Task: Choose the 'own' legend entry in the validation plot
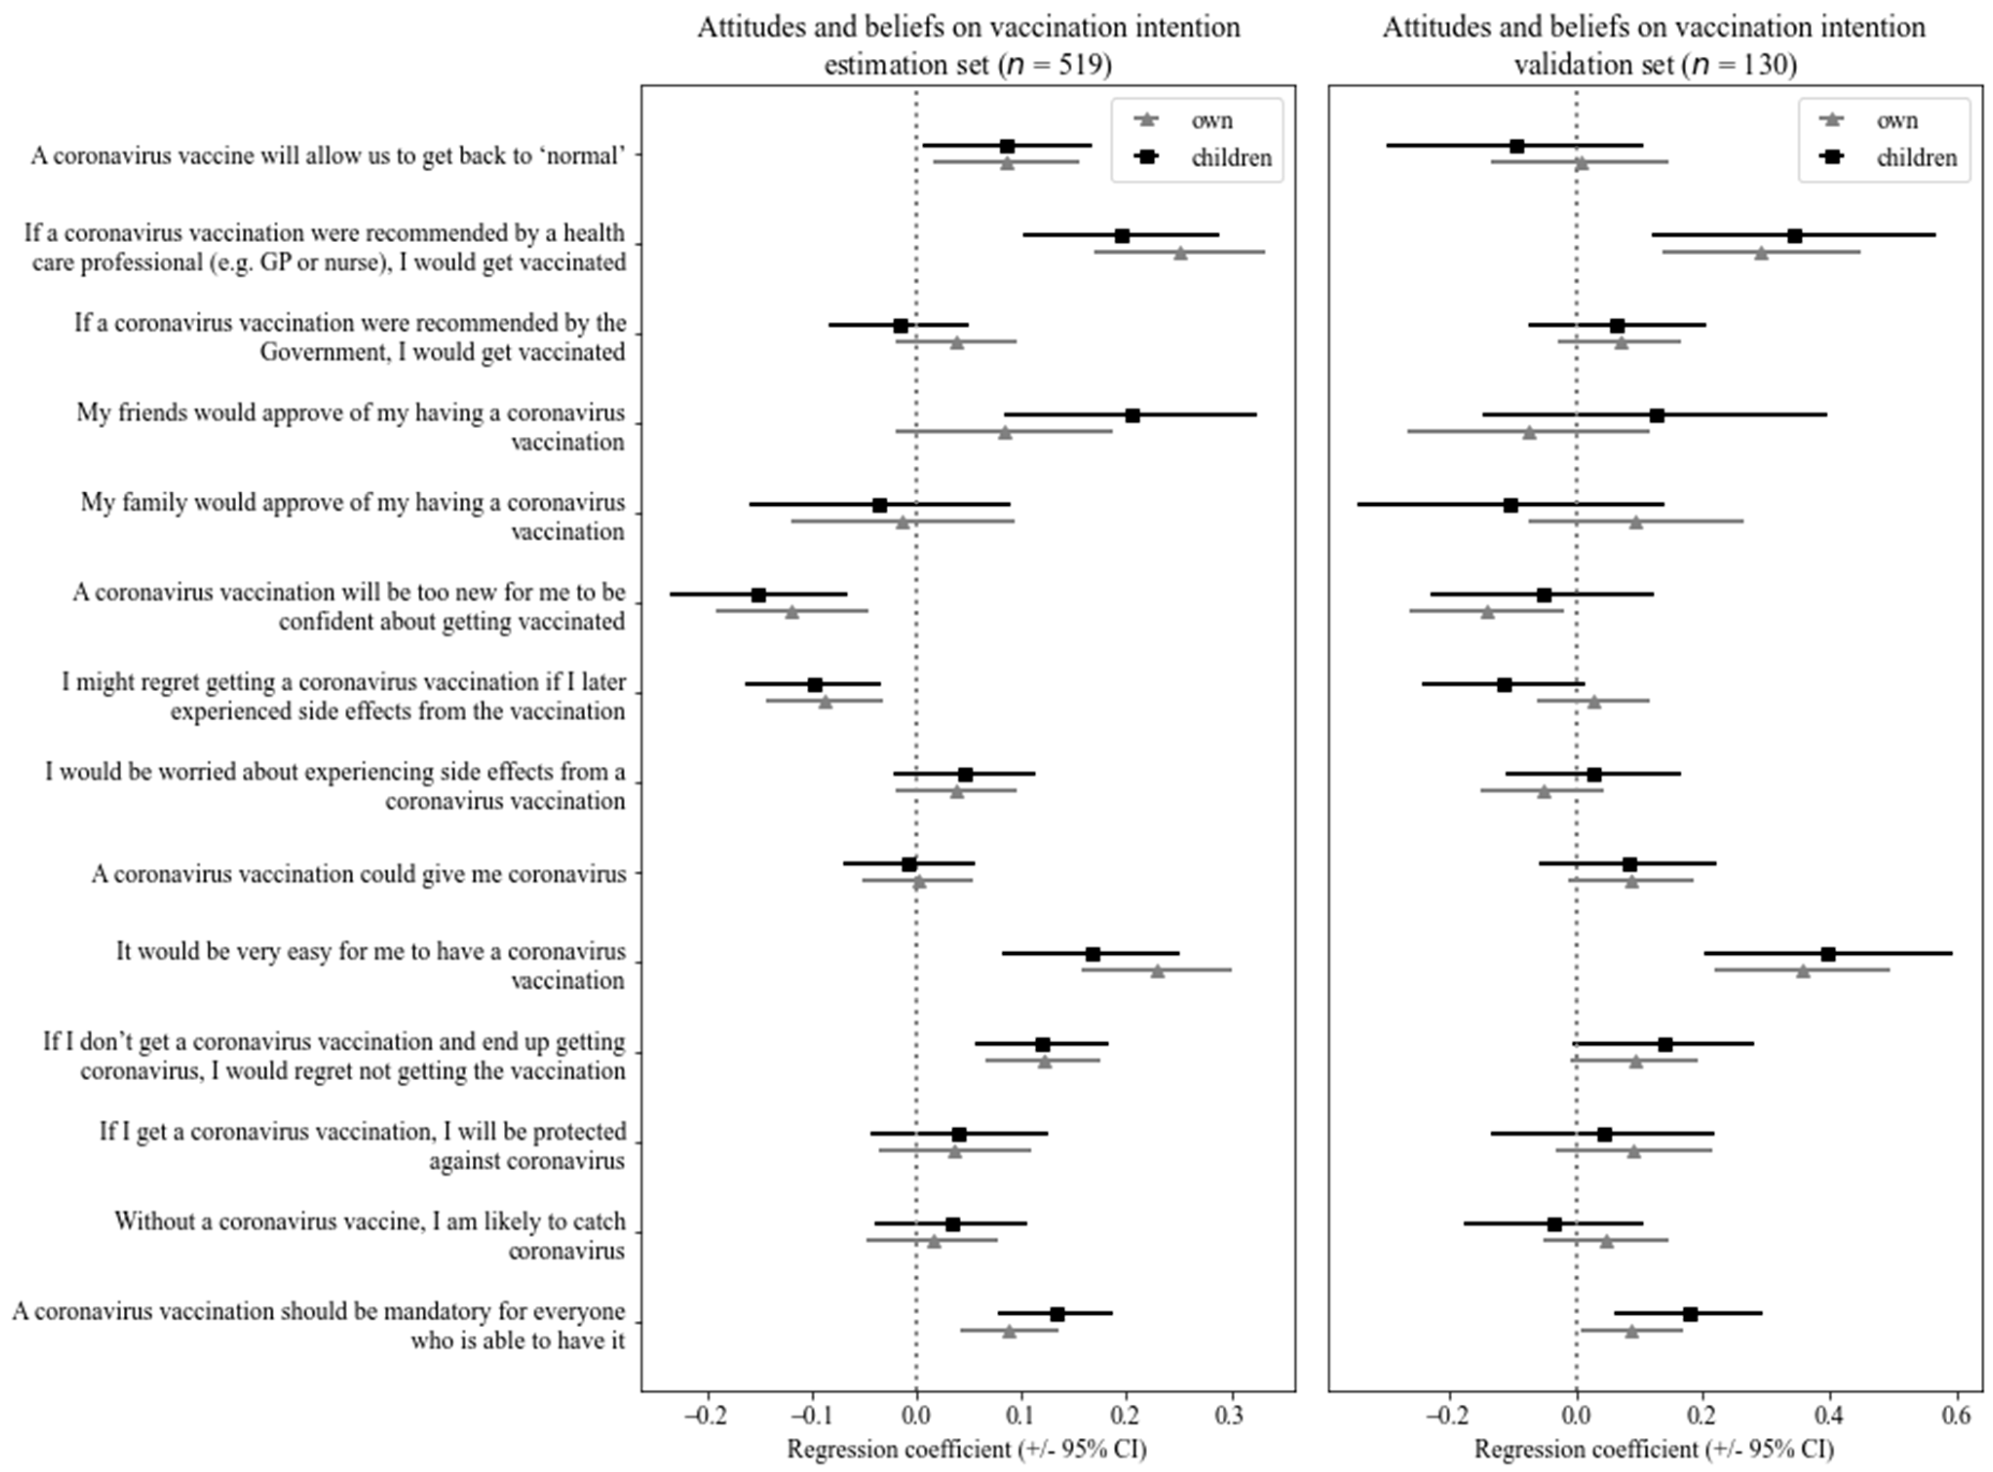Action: [1896, 120]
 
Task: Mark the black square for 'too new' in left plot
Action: [758, 594]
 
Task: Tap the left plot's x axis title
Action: [967, 1450]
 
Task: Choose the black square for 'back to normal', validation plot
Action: [1517, 145]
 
